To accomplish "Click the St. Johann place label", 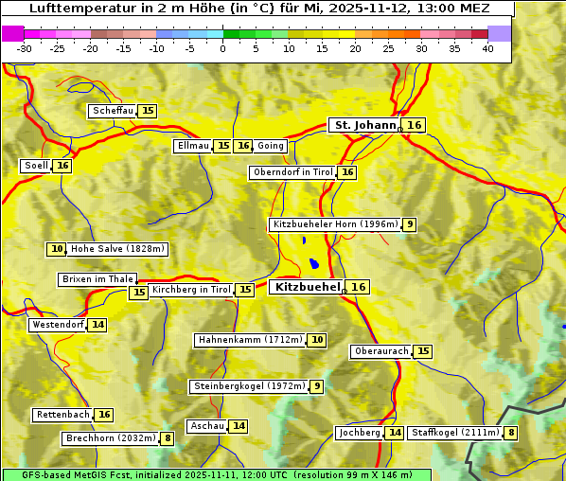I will (364, 125).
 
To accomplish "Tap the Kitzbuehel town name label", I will (305, 287).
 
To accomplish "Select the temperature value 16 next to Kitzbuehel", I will (359, 287).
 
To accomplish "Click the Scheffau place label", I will (113, 111).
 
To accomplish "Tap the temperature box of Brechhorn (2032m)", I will (168, 438).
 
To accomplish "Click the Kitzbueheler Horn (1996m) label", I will (334, 224).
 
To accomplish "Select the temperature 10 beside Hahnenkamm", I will (317, 340).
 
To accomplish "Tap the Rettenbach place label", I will (62, 415).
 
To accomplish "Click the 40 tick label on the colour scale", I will (487, 48).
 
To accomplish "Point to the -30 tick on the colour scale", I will (25, 48).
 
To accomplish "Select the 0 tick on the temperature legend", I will (223, 48).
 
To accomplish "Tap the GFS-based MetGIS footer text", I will (216, 474).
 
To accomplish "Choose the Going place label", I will (271, 146).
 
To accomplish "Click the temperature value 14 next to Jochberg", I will (395, 433).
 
